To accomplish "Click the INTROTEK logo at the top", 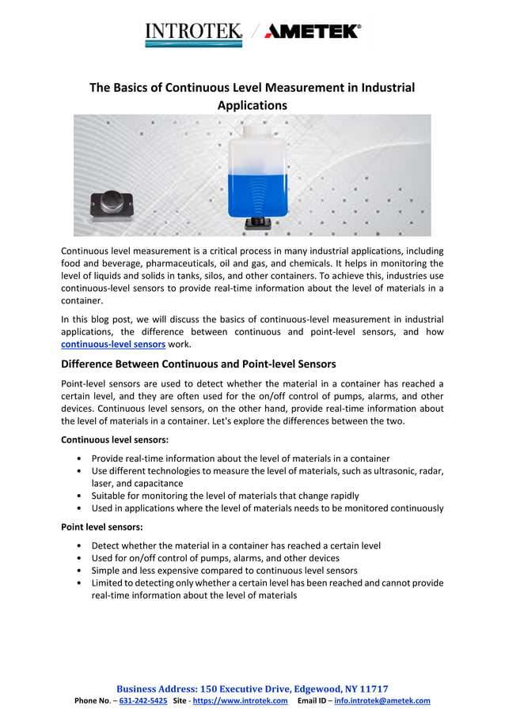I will click(x=194, y=32).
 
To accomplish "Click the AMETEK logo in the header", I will click(x=313, y=32).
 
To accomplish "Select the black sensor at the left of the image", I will click(x=110, y=205).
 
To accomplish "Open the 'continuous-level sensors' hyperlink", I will click(x=113, y=345).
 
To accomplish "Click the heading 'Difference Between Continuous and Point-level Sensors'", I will click(x=199, y=364).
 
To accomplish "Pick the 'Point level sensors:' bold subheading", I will click(x=102, y=526).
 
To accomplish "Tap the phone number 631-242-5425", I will click(x=142, y=700).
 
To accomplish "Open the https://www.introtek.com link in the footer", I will click(x=240, y=700).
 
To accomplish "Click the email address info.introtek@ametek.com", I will click(x=382, y=700).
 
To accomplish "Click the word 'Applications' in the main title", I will click(x=252, y=104).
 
